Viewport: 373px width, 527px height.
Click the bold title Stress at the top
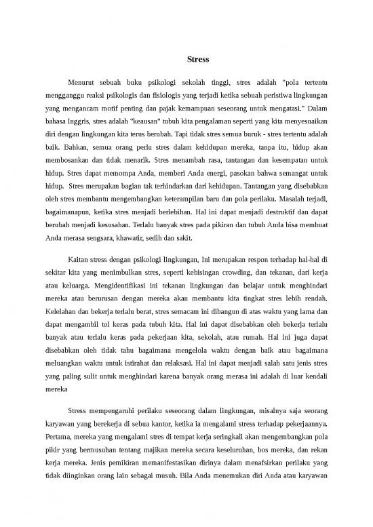pos(186,59)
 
